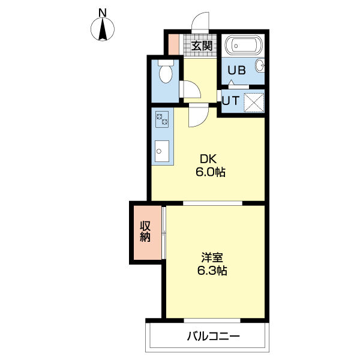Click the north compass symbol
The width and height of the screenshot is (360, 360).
click(x=103, y=29)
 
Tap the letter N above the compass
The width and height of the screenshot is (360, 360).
click(x=103, y=13)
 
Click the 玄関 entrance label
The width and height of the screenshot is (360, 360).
click(x=202, y=46)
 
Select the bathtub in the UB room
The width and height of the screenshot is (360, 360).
click(x=244, y=45)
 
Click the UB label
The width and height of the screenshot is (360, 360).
click(x=236, y=70)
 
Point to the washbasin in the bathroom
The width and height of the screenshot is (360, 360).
click(x=260, y=65)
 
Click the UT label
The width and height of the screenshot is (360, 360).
click(x=230, y=100)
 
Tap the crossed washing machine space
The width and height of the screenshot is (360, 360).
click(x=253, y=103)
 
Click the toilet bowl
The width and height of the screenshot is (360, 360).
click(x=166, y=71)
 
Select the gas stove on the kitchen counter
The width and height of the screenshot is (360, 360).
click(x=162, y=119)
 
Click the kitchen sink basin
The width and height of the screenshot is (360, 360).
click(x=162, y=151)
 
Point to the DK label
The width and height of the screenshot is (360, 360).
click(x=208, y=159)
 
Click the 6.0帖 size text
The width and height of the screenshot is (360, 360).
click(x=211, y=172)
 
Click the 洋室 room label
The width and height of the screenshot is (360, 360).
click(x=212, y=257)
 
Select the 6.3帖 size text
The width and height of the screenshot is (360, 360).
click(x=212, y=271)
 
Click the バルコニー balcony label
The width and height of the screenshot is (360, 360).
click(x=214, y=337)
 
